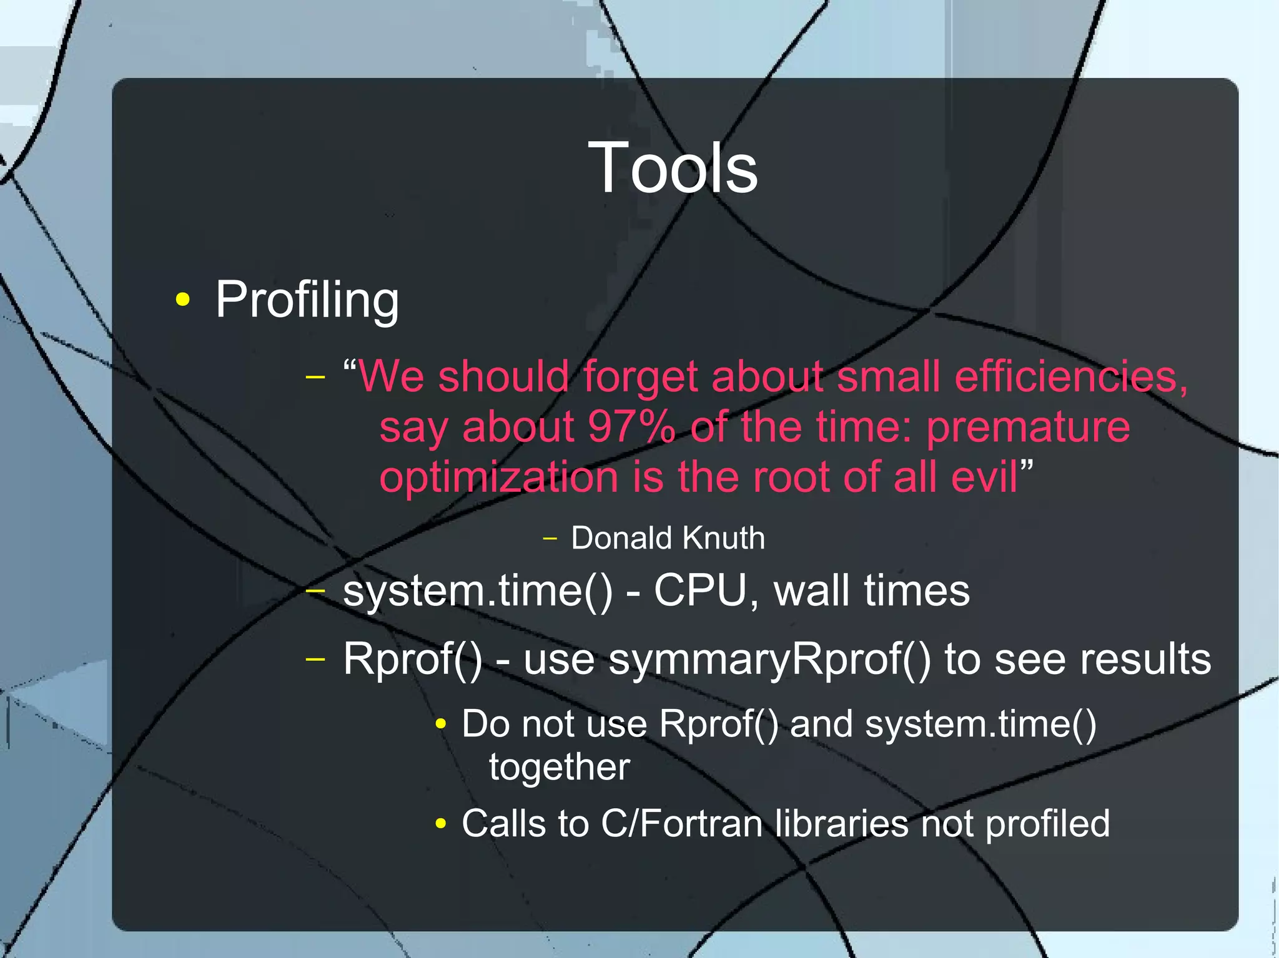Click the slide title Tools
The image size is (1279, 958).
(x=673, y=167)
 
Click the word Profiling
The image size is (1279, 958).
(x=307, y=300)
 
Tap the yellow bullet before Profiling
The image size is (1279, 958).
(x=182, y=300)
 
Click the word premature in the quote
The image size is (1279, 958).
(x=1028, y=428)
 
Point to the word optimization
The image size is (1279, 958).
(x=499, y=478)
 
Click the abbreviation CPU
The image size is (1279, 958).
(x=699, y=590)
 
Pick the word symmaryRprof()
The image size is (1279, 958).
(x=769, y=660)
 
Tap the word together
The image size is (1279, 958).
(x=559, y=767)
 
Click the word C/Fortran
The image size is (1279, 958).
(x=681, y=824)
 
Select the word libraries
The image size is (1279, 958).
(x=841, y=824)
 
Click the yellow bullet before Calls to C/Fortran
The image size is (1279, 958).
(x=441, y=824)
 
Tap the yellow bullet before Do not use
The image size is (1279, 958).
(x=441, y=725)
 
